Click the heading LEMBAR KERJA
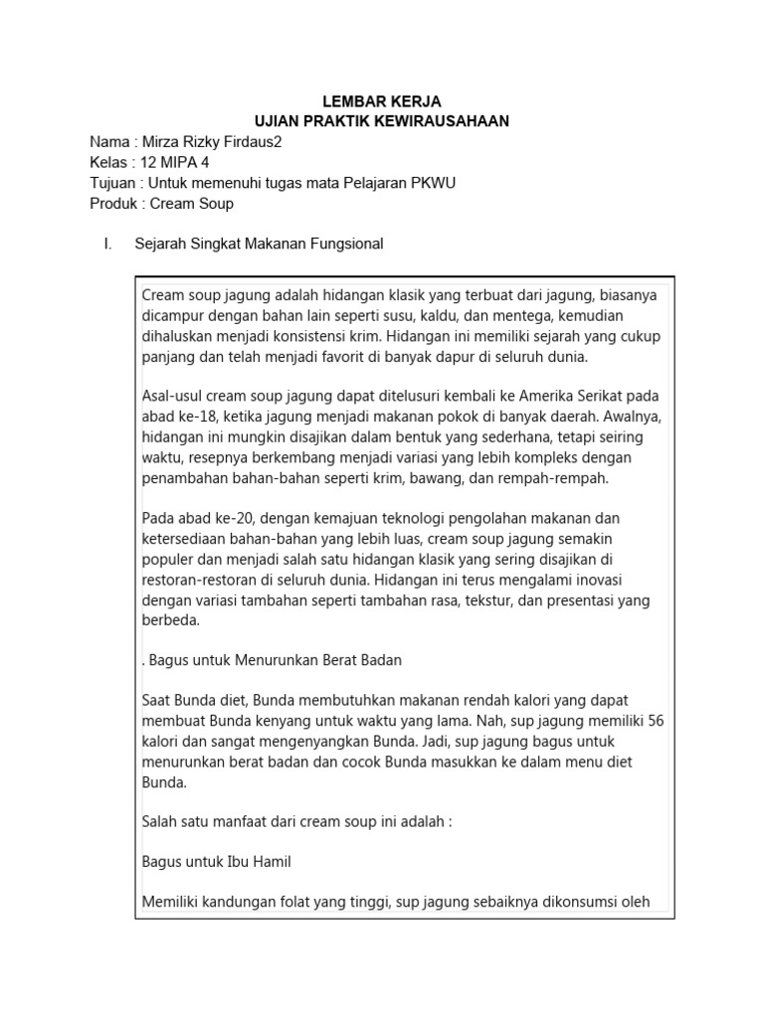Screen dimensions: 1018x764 (382, 101)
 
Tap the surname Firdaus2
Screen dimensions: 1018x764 (249, 142)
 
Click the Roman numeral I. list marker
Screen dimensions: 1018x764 (107, 244)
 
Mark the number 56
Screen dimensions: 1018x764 (655, 721)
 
